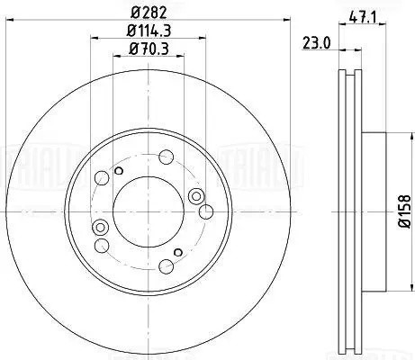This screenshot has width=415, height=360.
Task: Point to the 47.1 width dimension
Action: coord(362,15)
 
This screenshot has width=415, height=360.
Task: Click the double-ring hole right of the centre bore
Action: coord(195,197)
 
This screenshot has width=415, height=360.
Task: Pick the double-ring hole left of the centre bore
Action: coord(101,227)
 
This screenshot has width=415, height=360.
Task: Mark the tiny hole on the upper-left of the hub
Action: coord(119,169)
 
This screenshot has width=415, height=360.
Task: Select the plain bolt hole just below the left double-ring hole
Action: coord(102,245)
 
